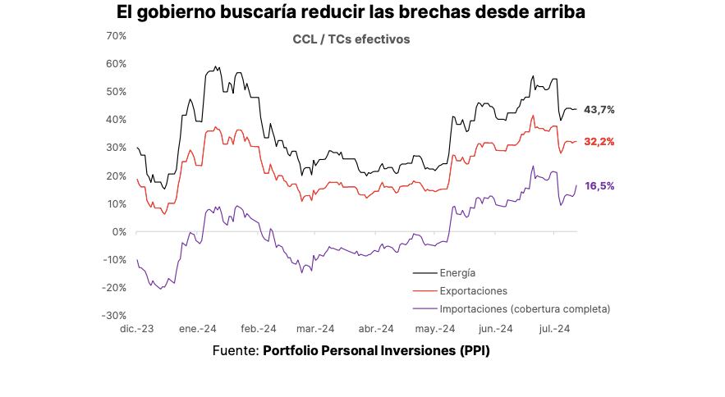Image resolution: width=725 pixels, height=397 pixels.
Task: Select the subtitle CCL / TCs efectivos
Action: [351, 39]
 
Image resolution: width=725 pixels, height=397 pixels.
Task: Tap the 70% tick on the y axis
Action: [117, 36]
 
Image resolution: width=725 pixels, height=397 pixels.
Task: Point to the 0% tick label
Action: [120, 231]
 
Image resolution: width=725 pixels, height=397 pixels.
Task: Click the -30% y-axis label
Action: [116, 315]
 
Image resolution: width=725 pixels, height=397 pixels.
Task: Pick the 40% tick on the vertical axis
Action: [117, 120]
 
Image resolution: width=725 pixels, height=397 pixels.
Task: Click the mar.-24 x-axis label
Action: [315, 329]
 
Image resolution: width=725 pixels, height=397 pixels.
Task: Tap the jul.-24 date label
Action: [554, 329]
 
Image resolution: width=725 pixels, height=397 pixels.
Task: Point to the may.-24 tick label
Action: [435, 329]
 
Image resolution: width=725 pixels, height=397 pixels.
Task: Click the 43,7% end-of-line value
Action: [599, 110]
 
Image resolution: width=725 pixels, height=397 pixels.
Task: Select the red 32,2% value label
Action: [599, 142]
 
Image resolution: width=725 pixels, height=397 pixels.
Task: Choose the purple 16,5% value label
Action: [599, 186]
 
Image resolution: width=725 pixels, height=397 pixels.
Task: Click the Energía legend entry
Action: [457, 272]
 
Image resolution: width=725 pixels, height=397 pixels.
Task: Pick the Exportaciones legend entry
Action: [473, 291]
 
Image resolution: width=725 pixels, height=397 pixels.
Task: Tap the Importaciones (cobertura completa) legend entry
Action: [525, 309]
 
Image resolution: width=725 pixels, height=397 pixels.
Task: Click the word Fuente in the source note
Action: [235, 350]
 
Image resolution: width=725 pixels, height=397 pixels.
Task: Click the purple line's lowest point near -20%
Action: [161, 288]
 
